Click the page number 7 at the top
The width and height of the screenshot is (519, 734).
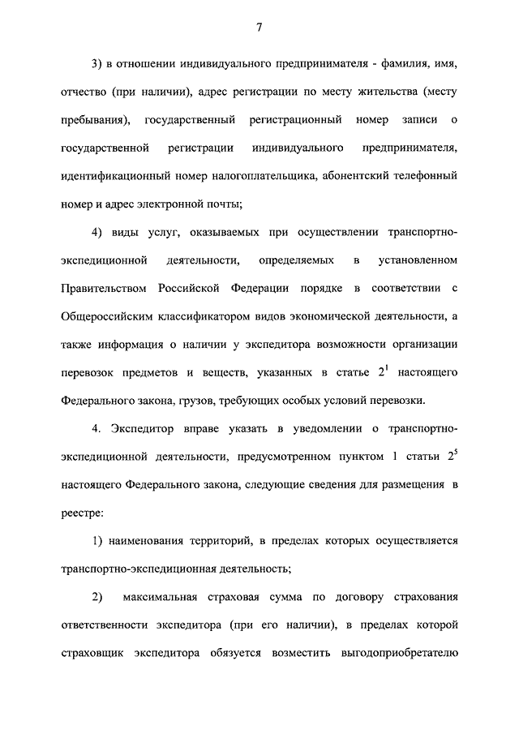[x=259, y=28]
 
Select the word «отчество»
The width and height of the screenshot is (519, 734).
[x=87, y=92]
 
